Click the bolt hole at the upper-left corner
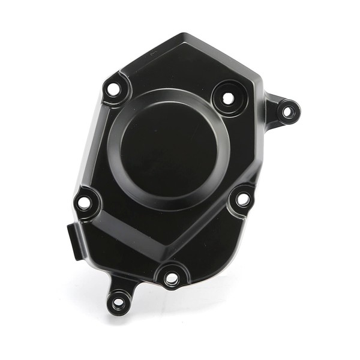(x=112, y=91)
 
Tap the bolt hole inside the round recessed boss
(x=228, y=98)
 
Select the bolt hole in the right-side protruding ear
(x=287, y=111)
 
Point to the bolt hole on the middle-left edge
(x=85, y=203)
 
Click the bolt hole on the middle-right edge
(x=243, y=199)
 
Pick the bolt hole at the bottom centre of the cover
(x=171, y=278)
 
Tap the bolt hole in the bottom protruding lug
(x=119, y=302)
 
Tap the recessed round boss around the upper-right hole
(x=228, y=98)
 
